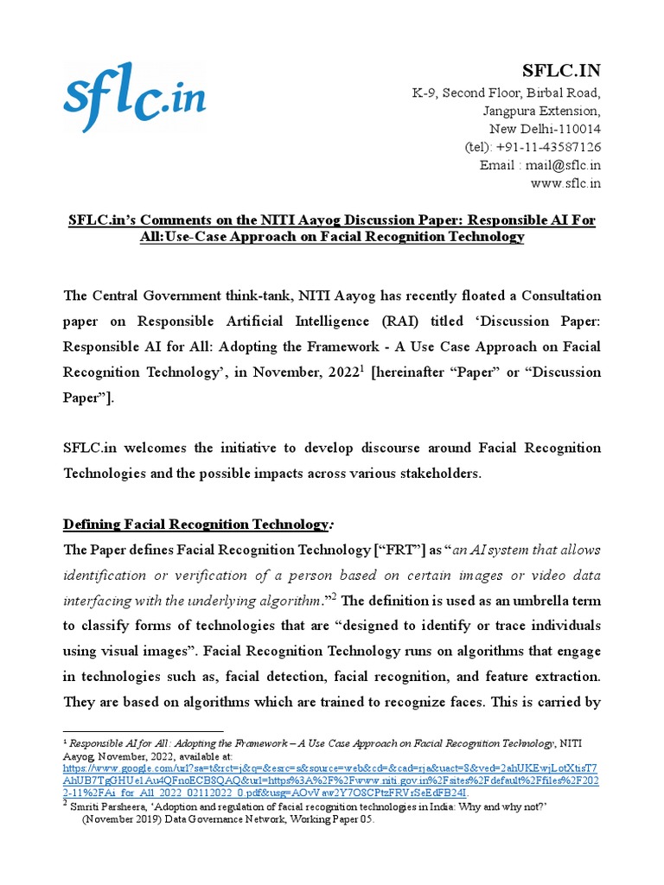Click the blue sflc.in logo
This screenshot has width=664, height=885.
[134, 98]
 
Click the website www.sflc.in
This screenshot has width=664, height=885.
[565, 183]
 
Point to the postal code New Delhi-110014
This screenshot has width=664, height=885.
[541, 129]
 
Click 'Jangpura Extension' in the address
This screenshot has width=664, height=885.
[541, 111]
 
